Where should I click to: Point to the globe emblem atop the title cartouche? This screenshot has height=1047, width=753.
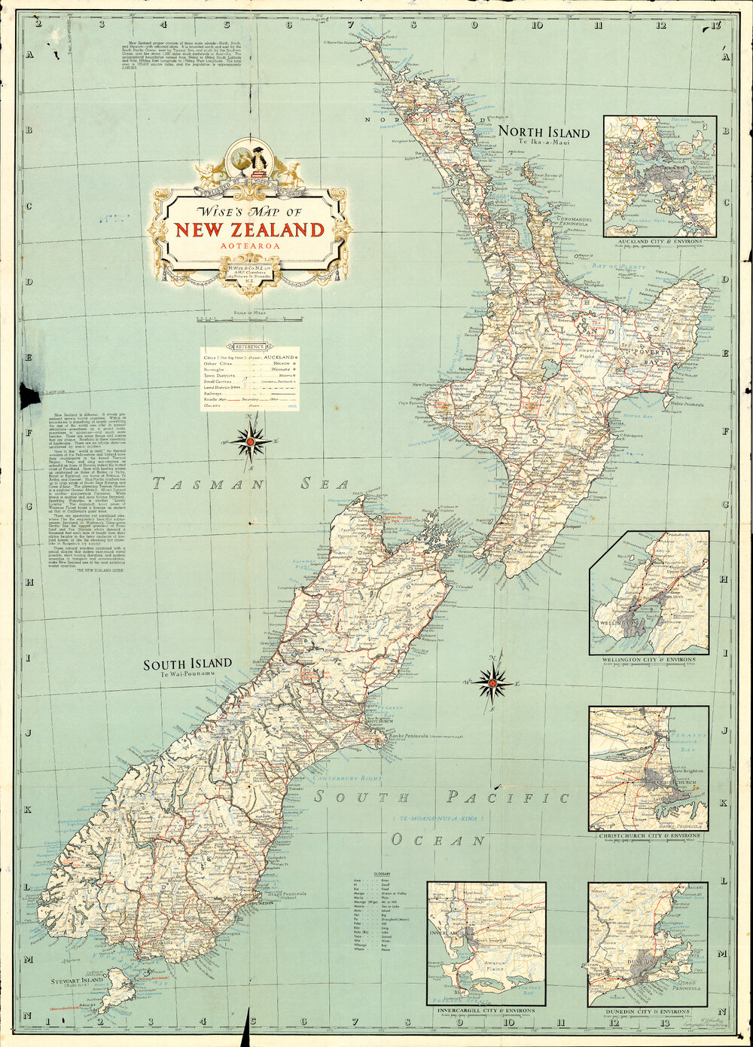click(242, 159)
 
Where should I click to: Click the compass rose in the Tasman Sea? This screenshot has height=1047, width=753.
click(250, 442)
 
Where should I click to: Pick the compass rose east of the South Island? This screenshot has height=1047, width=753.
click(492, 682)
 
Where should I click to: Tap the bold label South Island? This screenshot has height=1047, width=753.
click(187, 664)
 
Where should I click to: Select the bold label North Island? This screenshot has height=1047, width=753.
click(543, 133)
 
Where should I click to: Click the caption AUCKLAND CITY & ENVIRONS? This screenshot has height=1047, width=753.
click(659, 242)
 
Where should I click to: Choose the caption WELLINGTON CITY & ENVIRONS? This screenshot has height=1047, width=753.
click(648, 660)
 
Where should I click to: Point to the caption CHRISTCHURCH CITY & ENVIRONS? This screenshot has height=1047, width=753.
click(648, 835)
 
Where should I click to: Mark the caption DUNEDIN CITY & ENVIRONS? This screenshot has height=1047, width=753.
click(648, 1011)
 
